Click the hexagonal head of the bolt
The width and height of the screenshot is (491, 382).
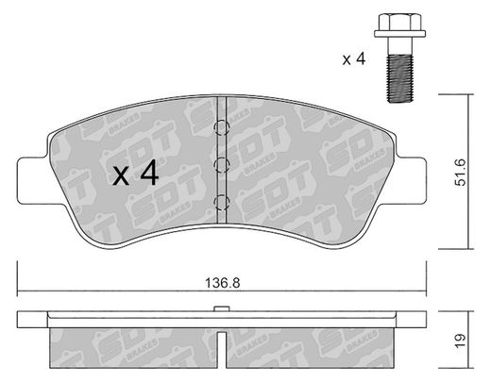point(399,22)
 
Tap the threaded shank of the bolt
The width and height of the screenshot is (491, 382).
point(399,78)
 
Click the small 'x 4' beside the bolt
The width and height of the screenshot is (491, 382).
point(354,58)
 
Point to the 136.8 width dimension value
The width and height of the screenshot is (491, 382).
point(223,283)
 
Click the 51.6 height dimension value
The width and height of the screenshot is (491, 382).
point(461,173)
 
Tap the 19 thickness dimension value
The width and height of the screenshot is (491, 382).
point(460,340)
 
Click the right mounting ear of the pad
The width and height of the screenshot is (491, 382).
point(411,180)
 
